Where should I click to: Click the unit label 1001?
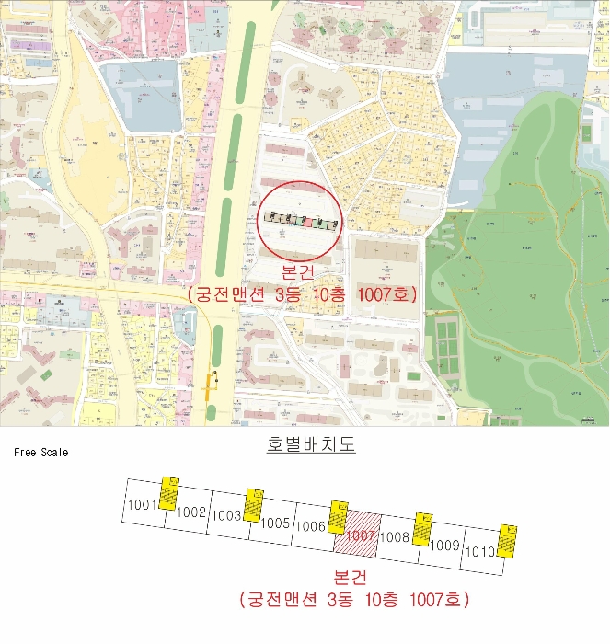coord(143,504)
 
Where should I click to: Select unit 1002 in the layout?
coord(190,512)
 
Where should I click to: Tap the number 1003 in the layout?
coord(226,516)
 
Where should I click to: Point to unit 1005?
coord(275,523)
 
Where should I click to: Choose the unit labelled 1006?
coord(312,527)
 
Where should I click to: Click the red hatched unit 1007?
coord(362,535)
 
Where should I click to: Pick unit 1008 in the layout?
coord(396,536)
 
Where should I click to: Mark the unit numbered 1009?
coord(445,545)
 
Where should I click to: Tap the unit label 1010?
coord(481,552)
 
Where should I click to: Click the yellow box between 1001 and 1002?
coord(168,493)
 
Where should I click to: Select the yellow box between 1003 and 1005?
coord(253,505)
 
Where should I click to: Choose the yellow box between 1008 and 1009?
coord(421,530)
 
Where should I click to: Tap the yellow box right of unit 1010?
coord(506,542)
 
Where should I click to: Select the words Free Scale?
coord(40,453)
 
